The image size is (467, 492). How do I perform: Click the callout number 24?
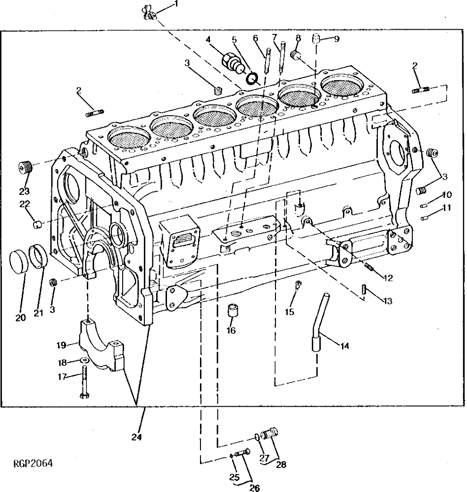coord(136,436)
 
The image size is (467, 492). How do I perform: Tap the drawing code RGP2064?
coord(33,463)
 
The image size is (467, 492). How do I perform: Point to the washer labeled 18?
coord(83,361)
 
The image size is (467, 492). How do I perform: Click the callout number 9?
coord(336,40)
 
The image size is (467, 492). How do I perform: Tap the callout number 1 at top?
coord(163,4)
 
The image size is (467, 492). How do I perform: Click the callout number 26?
coord(254,488)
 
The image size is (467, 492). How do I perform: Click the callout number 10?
coord(447,195)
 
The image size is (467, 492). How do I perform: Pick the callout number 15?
coord(289,312)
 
